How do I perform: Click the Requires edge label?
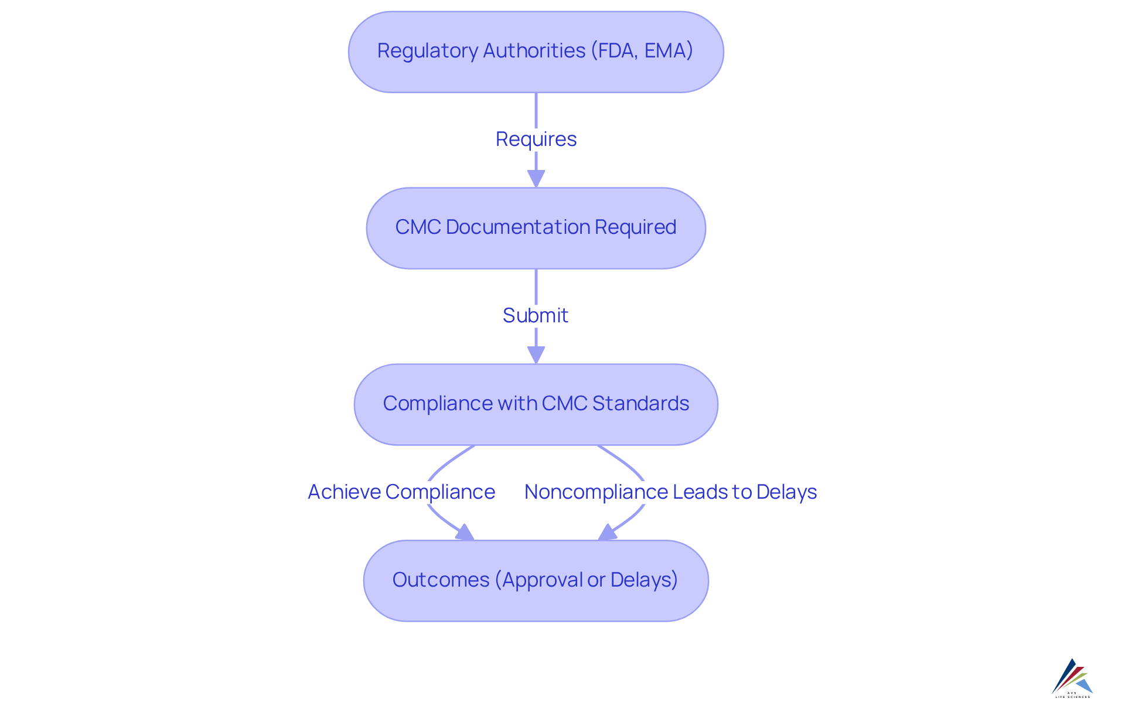coord(536,139)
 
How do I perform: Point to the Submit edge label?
coord(536,315)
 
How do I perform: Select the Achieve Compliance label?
coord(401,492)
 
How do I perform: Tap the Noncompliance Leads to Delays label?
coord(670,492)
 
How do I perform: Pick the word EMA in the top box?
coord(666,51)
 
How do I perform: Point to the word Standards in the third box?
coord(640,403)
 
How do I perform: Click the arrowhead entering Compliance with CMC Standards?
coord(536,355)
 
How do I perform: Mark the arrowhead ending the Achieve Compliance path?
coord(466,533)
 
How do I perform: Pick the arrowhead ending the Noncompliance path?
coord(606,533)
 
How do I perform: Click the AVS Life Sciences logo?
coord(1072,678)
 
